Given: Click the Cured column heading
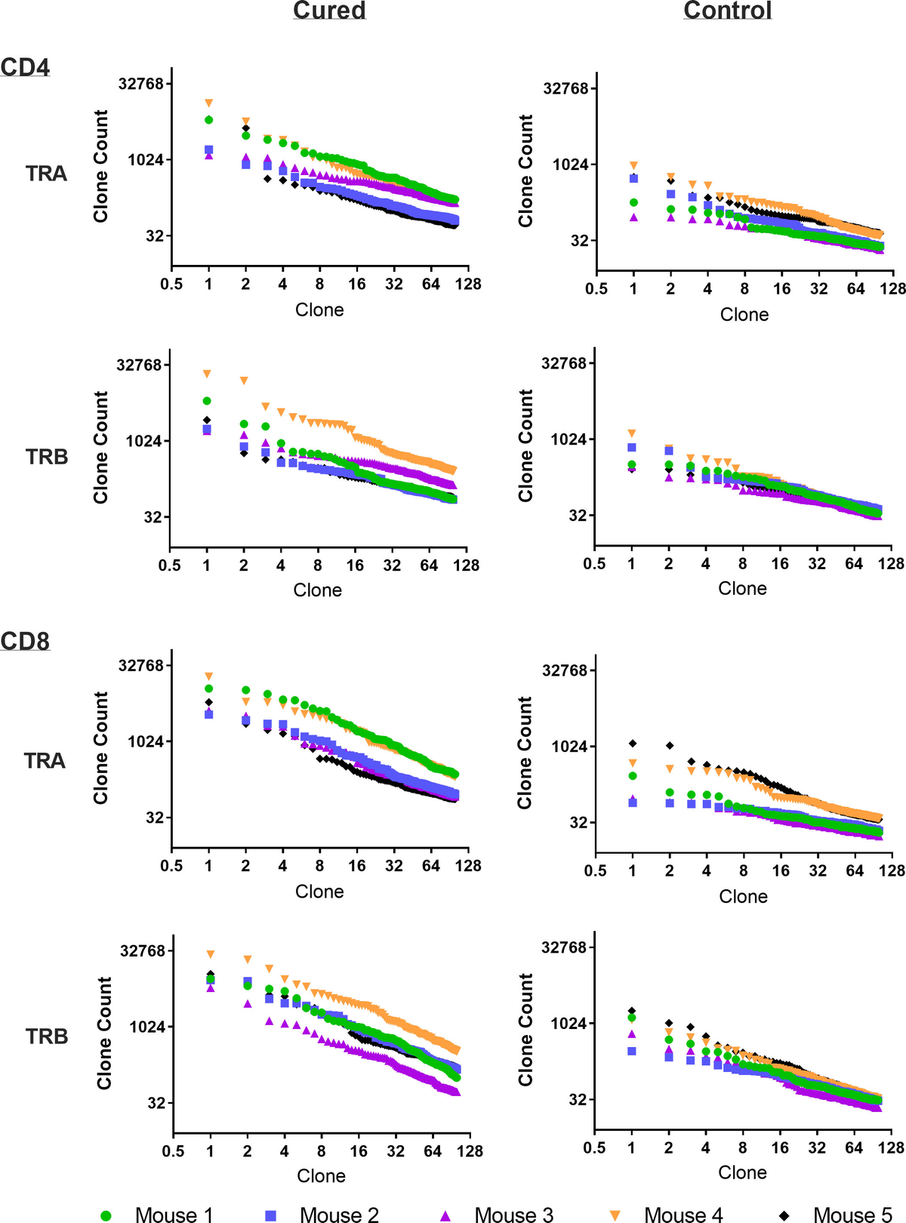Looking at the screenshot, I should pos(329,11).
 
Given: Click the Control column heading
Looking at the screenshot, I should pos(727,11).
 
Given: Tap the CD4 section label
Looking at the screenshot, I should pos(25,67).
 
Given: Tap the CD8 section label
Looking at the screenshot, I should pos(25,641).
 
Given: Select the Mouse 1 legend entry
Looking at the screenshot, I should pos(173,1215).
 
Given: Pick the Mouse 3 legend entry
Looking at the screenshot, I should pos(513,1215).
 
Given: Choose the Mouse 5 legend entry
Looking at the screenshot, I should pos(852,1215).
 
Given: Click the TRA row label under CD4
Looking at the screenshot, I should pos(46,174).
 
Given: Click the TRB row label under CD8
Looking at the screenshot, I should pos(47,1037).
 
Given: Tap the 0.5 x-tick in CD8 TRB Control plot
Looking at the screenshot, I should pos(594,1148).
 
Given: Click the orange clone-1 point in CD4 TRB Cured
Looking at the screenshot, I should pos(207,374).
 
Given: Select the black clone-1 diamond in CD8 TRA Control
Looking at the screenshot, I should pos(633,744).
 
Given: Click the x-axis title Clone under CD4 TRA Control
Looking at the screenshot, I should pos(744,315).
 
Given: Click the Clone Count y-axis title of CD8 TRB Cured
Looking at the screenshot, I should pos(104,1033).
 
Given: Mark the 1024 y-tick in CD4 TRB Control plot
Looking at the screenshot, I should pos(568,439).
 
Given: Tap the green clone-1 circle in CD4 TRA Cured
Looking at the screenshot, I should pos(208,120).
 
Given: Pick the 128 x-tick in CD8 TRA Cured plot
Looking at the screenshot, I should pos(468,866).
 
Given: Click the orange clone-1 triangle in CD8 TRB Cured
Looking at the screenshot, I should pos(211,954).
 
